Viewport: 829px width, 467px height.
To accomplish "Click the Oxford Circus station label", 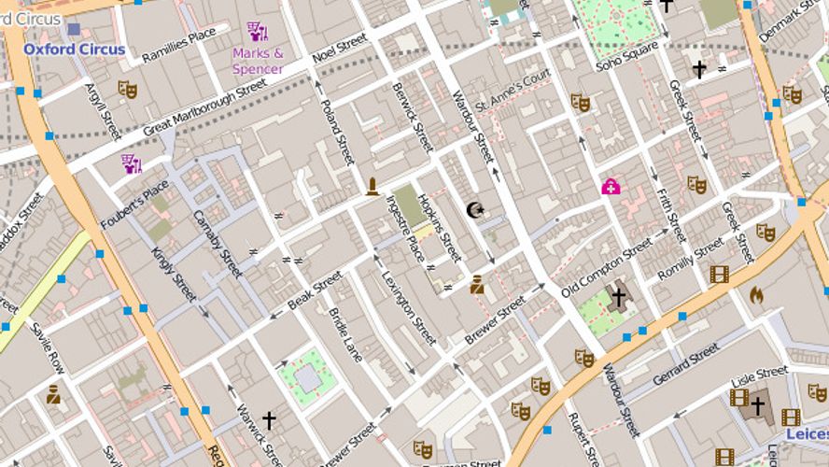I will pyautogui.click(x=74, y=49).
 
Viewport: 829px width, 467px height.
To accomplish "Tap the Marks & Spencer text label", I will pyautogui.click(x=258, y=61).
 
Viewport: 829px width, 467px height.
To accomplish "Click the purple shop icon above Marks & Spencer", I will pyautogui.click(x=256, y=32).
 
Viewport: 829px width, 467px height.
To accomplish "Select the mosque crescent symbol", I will pyautogui.click(x=475, y=210).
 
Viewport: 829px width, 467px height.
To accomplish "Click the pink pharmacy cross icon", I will pyautogui.click(x=611, y=187).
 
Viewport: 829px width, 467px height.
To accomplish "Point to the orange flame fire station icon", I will pyautogui.click(x=756, y=295).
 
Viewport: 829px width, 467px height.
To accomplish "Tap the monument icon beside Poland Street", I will pyautogui.click(x=372, y=187).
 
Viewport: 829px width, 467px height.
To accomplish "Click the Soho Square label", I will pyautogui.click(x=627, y=58).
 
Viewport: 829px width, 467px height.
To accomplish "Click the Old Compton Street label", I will pyautogui.click(x=607, y=267).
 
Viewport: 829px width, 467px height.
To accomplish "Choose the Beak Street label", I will pyautogui.click(x=315, y=291).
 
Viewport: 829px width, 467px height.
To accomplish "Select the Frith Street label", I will pyautogui.click(x=671, y=215).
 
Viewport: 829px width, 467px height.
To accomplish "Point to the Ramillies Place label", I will pyautogui.click(x=179, y=47).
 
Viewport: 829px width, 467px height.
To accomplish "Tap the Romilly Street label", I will pyautogui.click(x=691, y=259).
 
